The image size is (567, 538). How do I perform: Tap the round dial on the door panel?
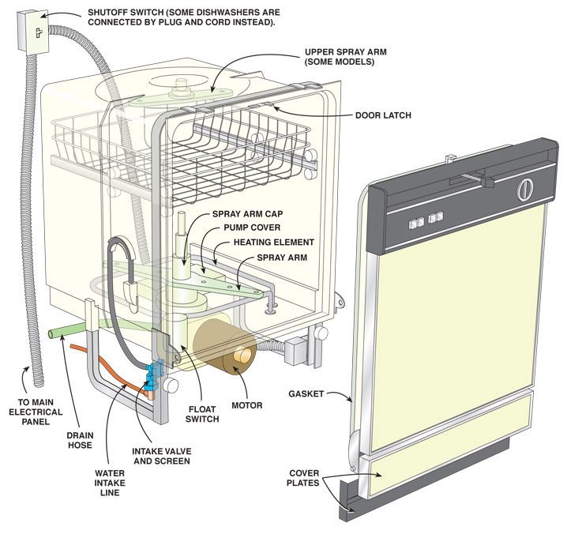(524, 190)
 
